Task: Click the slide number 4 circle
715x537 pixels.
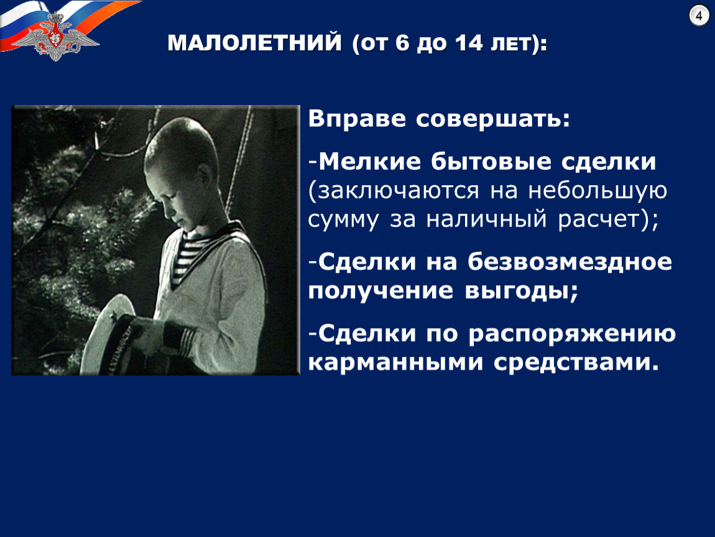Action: (x=699, y=16)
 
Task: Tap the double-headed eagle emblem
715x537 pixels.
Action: (x=55, y=37)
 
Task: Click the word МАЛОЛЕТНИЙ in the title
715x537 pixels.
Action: (x=254, y=43)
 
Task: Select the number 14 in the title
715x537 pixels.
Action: (x=468, y=43)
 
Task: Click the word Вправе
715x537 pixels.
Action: (x=357, y=119)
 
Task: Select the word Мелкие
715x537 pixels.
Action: (x=369, y=162)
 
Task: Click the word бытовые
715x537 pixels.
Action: (x=491, y=162)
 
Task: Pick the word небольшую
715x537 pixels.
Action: (x=597, y=191)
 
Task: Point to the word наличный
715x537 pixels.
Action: (x=486, y=219)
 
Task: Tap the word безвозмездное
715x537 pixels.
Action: (x=570, y=262)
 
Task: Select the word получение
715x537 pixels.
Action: (x=381, y=291)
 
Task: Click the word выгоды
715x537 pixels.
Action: (x=517, y=291)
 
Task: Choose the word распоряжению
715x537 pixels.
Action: (x=572, y=333)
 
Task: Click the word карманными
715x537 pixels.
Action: (x=395, y=362)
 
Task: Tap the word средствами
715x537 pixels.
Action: (x=572, y=362)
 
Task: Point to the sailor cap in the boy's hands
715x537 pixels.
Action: (x=119, y=335)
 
